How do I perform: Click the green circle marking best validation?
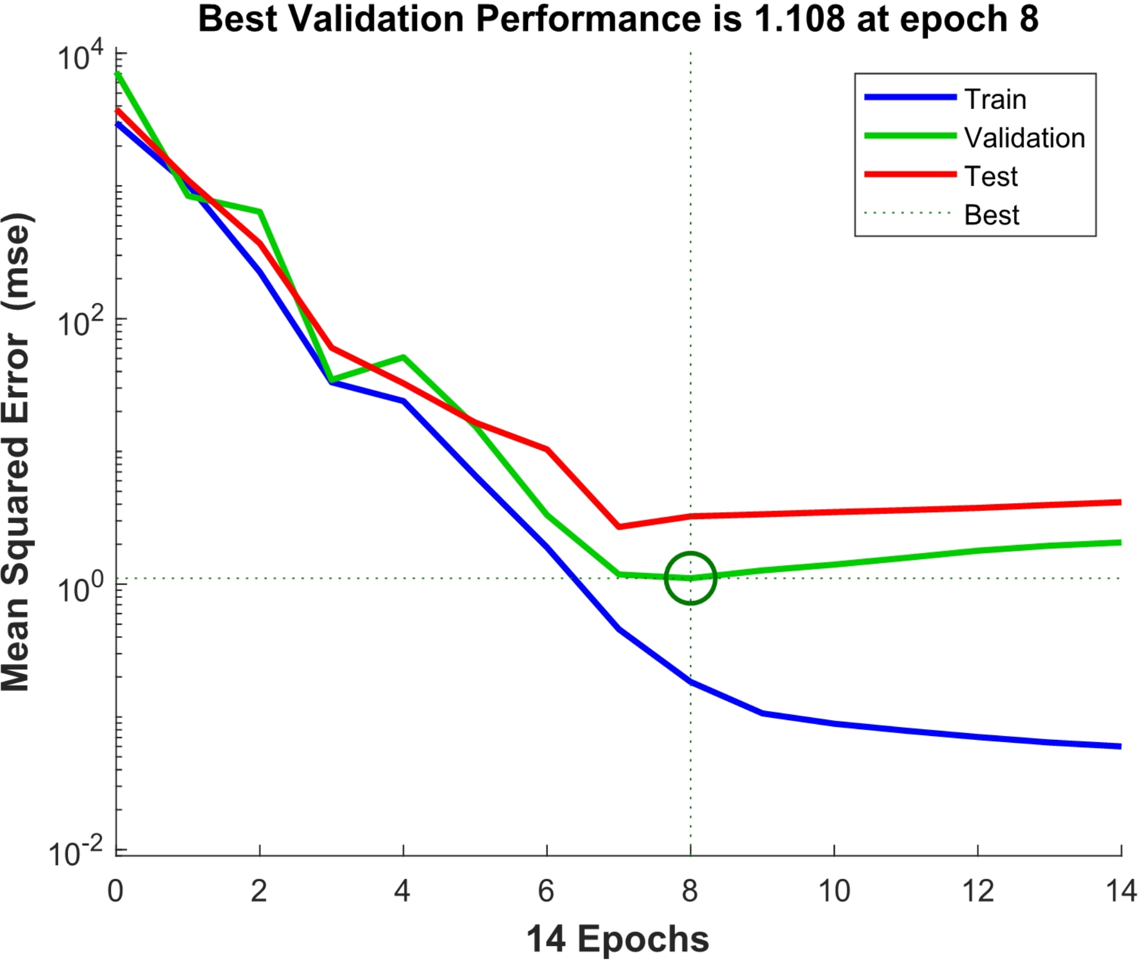point(690,578)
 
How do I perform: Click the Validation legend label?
point(1024,138)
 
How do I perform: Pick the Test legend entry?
point(991,176)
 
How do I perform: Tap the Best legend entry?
point(991,215)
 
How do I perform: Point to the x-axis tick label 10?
point(834,891)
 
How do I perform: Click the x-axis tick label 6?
point(546,891)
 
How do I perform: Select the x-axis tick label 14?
point(1120,891)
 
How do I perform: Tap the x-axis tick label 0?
point(116,891)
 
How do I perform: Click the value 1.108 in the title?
point(799,19)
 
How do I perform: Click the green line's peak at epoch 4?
point(403,357)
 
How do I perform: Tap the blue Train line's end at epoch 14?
point(1119,746)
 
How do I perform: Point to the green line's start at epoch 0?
point(117,74)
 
